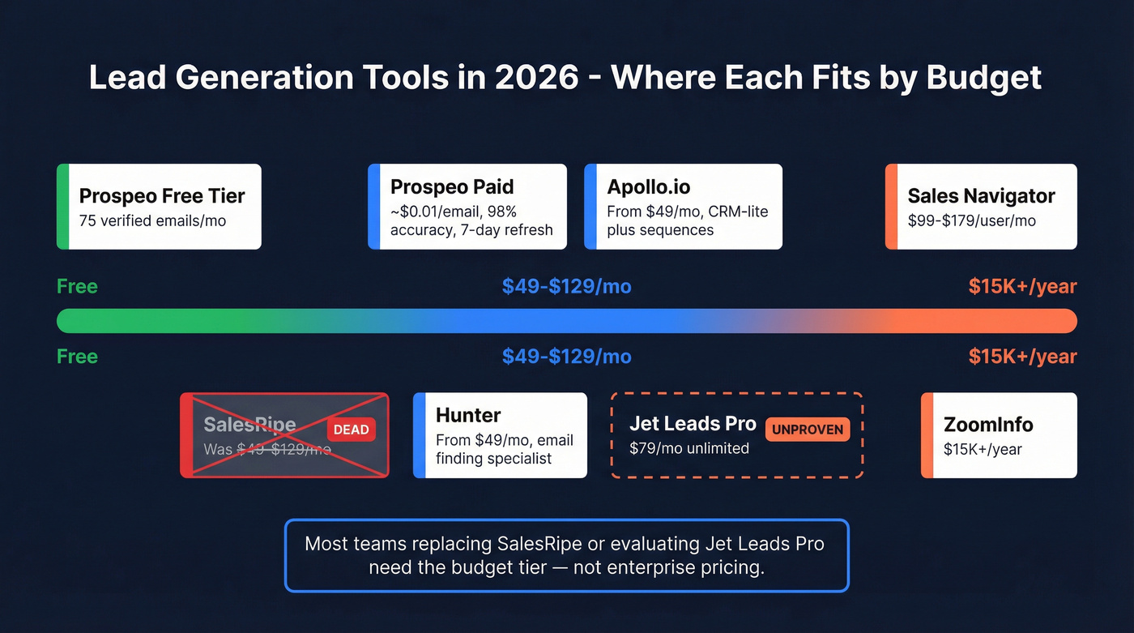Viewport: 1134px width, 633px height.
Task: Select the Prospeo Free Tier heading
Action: point(162,196)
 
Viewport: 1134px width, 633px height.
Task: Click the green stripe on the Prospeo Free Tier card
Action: point(62,207)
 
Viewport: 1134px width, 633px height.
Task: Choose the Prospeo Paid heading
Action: point(452,187)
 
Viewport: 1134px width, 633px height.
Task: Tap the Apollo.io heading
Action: point(649,187)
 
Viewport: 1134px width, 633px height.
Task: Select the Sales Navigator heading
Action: point(981,196)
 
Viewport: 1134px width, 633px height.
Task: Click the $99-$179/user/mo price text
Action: point(971,220)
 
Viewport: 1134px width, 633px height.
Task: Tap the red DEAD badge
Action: point(352,430)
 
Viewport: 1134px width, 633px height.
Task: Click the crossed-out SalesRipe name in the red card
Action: point(249,425)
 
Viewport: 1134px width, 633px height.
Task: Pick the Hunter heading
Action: point(468,416)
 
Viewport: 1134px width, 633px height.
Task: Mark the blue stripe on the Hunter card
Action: point(419,435)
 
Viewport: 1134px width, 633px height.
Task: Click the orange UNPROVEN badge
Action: point(808,429)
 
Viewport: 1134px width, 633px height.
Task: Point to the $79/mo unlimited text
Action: point(688,447)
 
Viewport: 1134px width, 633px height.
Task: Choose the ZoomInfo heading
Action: point(988,425)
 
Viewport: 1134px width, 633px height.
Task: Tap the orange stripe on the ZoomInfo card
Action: point(927,435)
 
